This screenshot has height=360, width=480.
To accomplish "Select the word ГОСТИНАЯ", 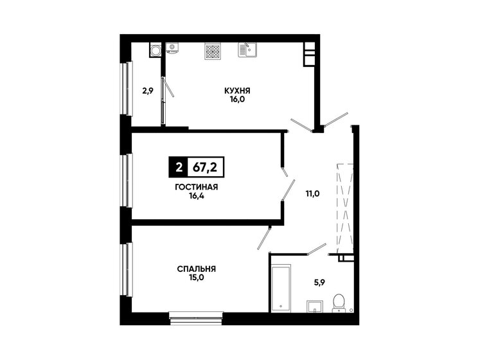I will [196, 187].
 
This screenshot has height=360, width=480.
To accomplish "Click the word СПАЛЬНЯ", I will [196, 269].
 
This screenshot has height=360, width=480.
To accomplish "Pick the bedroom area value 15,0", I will [196, 278].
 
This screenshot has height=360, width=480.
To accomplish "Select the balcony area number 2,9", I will [148, 91].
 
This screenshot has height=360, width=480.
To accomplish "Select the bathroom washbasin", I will [314, 305].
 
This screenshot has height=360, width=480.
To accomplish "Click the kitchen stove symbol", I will [213, 50].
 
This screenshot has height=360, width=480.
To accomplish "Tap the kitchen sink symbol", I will [247, 50].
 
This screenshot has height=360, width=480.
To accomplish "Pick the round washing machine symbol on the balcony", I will [155, 50].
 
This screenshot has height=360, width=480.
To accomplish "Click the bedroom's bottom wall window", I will [197, 314].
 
